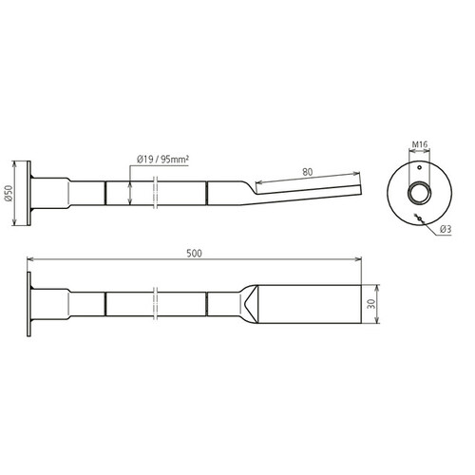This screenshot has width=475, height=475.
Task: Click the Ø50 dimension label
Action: click(x=9, y=194)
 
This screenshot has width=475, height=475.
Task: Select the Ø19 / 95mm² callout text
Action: click(x=162, y=160)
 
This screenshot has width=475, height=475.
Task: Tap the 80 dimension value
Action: click(x=307, y=172)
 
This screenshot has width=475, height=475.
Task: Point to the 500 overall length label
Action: click(x=194, y=254)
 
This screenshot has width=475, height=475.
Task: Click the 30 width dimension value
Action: click(x=372, y=304)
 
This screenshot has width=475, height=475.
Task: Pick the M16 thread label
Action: click(x=419, y=144)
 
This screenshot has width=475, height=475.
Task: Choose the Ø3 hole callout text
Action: click(x=446, y=229)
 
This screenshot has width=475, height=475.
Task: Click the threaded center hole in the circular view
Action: click(x=419, y=193)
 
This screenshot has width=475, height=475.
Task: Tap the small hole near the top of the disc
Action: click(x=419, y=167)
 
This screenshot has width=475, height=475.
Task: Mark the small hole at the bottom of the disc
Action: click(x=419, y=218)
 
